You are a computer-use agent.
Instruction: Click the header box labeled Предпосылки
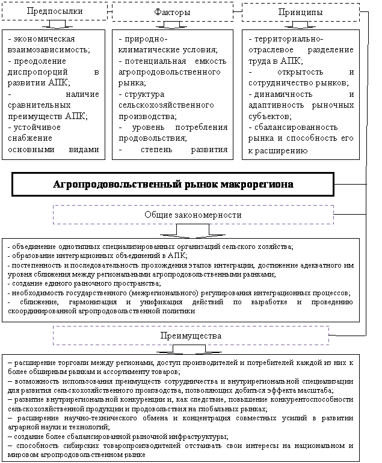click(x=55, y=11)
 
